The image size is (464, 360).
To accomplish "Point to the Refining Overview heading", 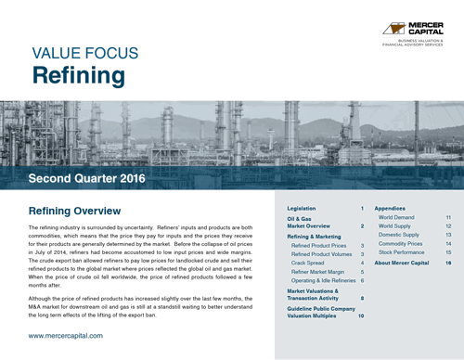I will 82,211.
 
